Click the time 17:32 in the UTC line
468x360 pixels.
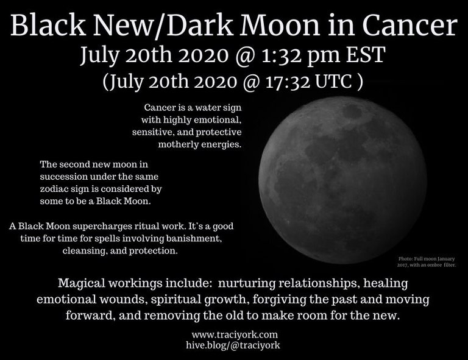288,82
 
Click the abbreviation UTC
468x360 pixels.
333,82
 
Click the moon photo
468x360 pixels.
342,180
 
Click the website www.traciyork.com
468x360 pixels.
235,334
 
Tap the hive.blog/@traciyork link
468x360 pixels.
233,345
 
